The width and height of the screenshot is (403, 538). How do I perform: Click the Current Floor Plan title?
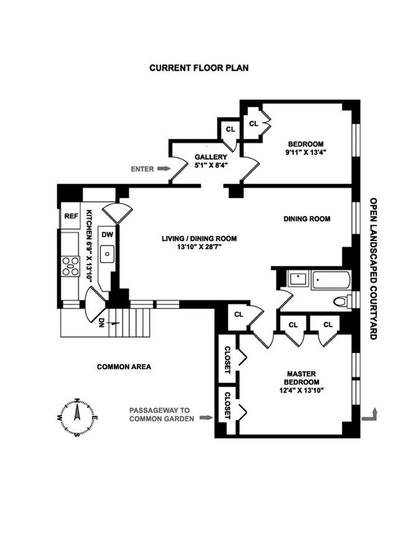pyautogui.click(x=198, y=67)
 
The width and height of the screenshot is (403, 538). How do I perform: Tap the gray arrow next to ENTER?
pyautogui.click(x=164, y=168)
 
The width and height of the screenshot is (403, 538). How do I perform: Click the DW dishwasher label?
pyautogui.click(x=107, y=235)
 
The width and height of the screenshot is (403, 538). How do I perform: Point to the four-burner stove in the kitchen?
pyautogui.click(x=70, y=266)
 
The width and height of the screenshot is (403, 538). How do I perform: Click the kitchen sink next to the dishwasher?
pyautogui.click(x=107, y=254)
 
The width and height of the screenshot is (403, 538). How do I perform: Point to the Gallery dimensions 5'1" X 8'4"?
pyautogui.click(x=206, y=166)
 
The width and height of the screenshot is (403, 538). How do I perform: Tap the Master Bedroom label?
pyautogui.click(x=301, y=378)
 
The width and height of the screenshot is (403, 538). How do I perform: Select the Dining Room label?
pyautogui.click(x=307, y=219)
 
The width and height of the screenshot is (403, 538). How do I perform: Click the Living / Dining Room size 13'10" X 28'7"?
pyautogui.click(x=199, y=247)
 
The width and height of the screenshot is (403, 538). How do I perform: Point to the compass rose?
pyautogui.click(x=76, y=417)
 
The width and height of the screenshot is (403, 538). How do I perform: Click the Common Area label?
pyautogui.click(x=124, y=367)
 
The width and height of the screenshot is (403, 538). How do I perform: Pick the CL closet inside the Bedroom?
pyautogui.click(x=253, y=124)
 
